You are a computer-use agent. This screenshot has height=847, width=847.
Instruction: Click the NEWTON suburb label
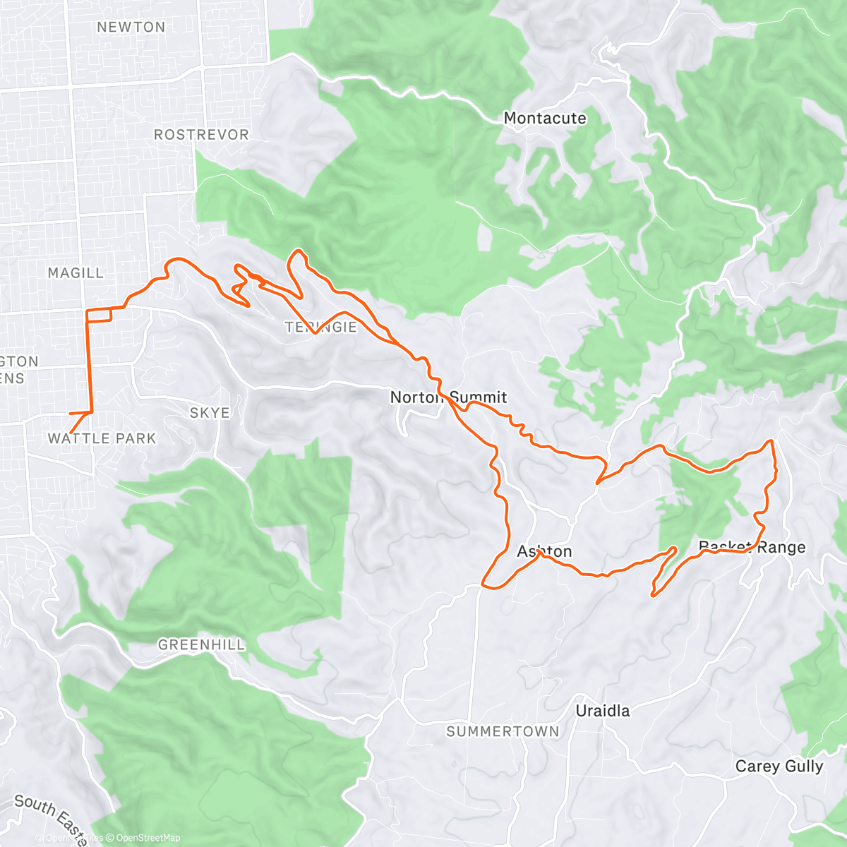[131, 28]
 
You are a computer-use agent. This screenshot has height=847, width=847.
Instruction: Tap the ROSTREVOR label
[201, 135]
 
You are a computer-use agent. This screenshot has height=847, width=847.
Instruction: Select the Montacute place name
[544, 119]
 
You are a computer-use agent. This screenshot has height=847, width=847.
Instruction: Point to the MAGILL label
[76, 273]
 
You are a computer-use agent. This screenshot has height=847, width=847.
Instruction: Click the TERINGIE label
[320, 328]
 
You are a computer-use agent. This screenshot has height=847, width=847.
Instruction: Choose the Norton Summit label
[448, 397]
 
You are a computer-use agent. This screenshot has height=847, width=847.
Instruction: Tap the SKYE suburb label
[210, 413]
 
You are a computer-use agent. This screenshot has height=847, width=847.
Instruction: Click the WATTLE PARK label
[102, 438]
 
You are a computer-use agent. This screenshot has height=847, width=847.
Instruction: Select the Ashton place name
[544, 551]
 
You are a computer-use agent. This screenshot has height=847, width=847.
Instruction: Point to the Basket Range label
[752, 547]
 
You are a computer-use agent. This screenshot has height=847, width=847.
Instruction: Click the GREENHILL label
[201, 644]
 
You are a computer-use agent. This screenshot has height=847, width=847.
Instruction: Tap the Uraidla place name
[602, 711]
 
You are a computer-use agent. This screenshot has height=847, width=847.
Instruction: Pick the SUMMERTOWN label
[503, 732]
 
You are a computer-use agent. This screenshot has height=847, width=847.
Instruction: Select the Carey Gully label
[779, 767]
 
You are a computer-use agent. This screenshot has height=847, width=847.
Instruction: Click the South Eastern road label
[49, 812]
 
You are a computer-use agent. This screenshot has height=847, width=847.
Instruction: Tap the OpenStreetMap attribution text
[148, 838]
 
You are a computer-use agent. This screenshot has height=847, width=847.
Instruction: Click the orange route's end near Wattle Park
[71, 433]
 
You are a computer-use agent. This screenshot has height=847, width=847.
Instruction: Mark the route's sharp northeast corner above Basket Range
[771, 440]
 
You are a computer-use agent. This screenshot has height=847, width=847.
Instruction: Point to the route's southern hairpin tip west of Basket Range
[653, 595]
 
